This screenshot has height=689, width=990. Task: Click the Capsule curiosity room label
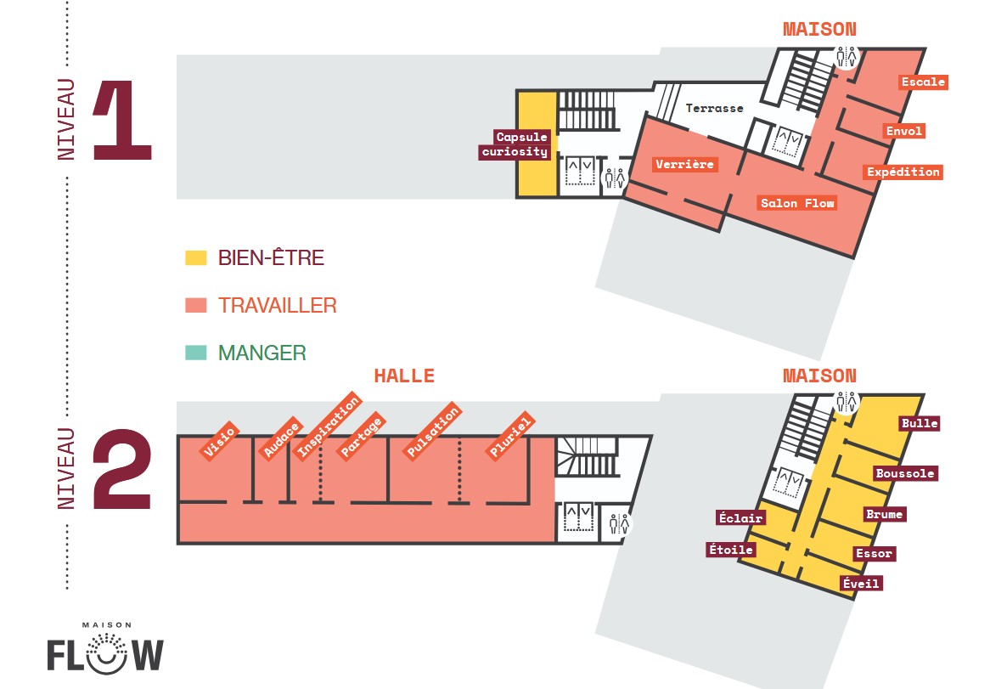515,144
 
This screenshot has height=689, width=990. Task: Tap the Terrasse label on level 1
714,108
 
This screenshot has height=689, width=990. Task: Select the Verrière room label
684,164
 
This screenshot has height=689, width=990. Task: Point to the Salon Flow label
797,203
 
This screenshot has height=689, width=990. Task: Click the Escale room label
923,82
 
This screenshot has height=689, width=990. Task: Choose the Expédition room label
903,172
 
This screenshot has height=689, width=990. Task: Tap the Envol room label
904,132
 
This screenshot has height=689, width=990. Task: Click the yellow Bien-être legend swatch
196,257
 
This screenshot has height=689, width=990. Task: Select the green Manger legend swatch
196,353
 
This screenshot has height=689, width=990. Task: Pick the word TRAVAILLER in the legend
277,306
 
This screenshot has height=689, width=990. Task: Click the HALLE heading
404,376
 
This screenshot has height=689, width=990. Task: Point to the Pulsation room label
432,430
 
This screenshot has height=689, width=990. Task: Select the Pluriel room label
511,435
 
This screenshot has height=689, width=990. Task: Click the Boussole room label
905,474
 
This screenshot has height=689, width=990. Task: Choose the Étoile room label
730,550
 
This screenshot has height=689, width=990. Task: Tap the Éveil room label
861,584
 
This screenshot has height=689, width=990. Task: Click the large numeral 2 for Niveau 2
122,469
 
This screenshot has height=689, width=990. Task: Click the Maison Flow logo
105,648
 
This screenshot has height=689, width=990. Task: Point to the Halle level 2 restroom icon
619,523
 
